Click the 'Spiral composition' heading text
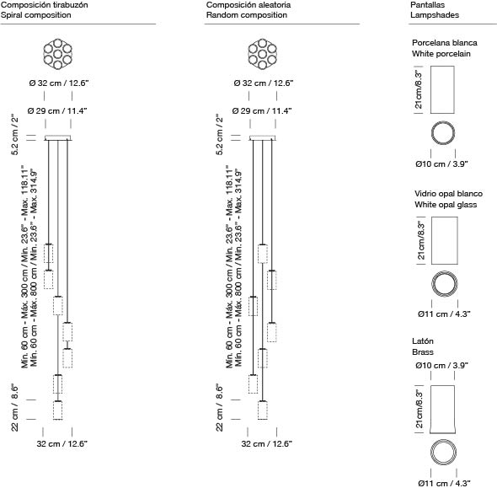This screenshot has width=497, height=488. (36, 15)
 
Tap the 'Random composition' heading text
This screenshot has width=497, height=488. (247, 15)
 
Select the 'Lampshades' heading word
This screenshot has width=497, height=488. (435, 15)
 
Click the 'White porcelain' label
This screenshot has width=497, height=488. (441, 54)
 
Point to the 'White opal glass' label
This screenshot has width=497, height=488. (446, 205)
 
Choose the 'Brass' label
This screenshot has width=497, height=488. (423, 352)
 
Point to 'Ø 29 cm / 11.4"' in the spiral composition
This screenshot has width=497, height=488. (57, 111)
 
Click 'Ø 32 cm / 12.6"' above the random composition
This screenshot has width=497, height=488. (264, 83)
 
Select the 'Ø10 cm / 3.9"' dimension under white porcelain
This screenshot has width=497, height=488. (442, 164)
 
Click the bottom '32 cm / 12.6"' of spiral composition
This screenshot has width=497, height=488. (62, 443)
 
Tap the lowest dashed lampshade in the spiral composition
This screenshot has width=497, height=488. (57, 410)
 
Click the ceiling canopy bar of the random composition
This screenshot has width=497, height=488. (263, 137)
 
